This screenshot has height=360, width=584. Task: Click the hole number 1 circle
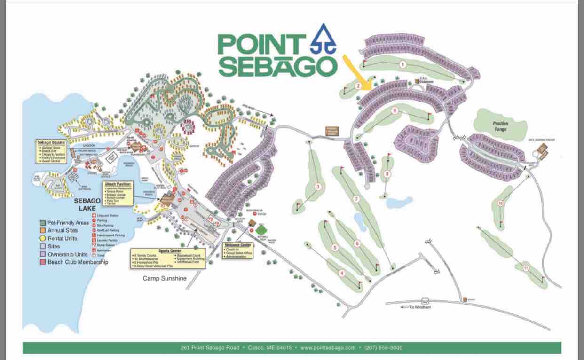pyautogui.click(x=402, y=64)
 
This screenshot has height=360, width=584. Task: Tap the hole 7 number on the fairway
pyautogui.click(x=356, y=199)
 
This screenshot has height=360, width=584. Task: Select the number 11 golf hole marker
pyautogui.click(x=526, y=268)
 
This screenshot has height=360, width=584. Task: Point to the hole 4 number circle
pyautogui.click(x=342, y=273)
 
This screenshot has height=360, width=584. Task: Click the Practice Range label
pyautogui.click(x=500, y=126)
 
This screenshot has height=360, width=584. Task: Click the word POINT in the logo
pyautogui.click(x=260, y=45)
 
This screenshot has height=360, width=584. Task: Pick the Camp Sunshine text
pyautogui.click(x=165, y=279)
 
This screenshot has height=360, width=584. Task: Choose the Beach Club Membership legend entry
pyautogui.click(x=78, y=262)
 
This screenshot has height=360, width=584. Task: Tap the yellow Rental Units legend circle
pyautogui.click(x=43, y=238)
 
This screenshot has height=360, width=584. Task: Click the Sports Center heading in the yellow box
pyautogui.click(x=169, y=251)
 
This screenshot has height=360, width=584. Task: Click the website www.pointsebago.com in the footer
pyautogui.click(x=328, y=348)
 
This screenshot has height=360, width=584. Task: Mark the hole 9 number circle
pyautogui.click(x=395, y=110)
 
